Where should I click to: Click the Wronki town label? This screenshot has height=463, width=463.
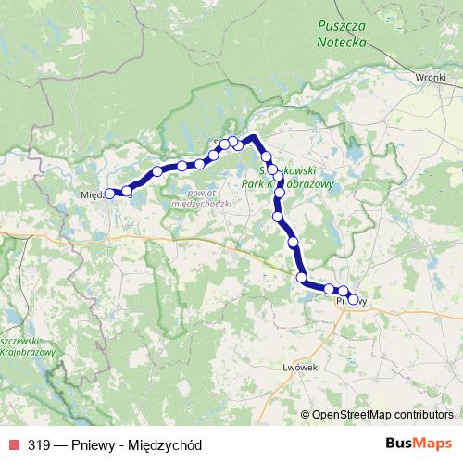click(432, 79)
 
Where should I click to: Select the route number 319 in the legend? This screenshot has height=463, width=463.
click(38, 444)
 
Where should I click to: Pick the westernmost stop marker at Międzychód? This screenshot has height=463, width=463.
click(109, 194)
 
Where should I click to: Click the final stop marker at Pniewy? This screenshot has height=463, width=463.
click(353, 299)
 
